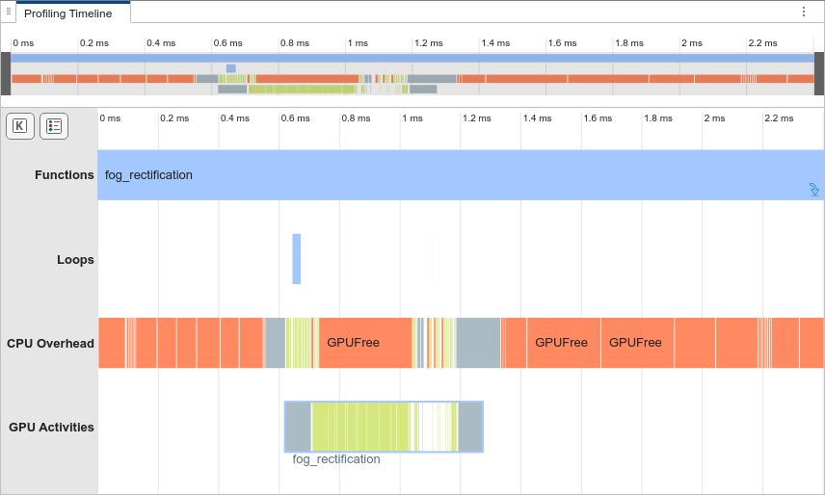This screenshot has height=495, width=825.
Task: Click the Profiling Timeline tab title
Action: (x=67, y=13)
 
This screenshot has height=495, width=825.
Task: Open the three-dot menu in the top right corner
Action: (x=804, y=12)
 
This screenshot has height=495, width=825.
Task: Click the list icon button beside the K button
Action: (x=54, y=126)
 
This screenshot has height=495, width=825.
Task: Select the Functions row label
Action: (x=64, y=175)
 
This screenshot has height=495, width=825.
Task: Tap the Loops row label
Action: (x=75, y=259)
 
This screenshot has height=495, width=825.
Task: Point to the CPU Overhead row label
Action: (x=50, y=343)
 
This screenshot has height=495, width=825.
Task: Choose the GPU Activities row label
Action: (x=51, y=427)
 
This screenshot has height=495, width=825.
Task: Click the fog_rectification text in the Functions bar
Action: (x=148, y=175)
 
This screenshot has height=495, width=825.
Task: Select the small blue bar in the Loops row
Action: (x=297, y=258)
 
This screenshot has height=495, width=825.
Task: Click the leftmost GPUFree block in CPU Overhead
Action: (x=353, y=342)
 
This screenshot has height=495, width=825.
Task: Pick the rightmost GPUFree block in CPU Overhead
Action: (x=635, y=342)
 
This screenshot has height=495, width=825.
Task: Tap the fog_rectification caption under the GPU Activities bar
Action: (x=336, y=459)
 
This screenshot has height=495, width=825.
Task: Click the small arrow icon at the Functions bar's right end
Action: (x=814, y=190)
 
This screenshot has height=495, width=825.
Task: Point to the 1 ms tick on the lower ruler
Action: (x=412, y=118)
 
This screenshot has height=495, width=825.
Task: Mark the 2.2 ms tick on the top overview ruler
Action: (x=762, y=43)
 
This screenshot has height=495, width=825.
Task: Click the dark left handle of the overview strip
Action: (x=6, y=73)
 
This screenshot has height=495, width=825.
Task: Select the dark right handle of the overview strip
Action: (x=819, y=73)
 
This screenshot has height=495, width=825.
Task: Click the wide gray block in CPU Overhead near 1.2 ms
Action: (x=478, y=342)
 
